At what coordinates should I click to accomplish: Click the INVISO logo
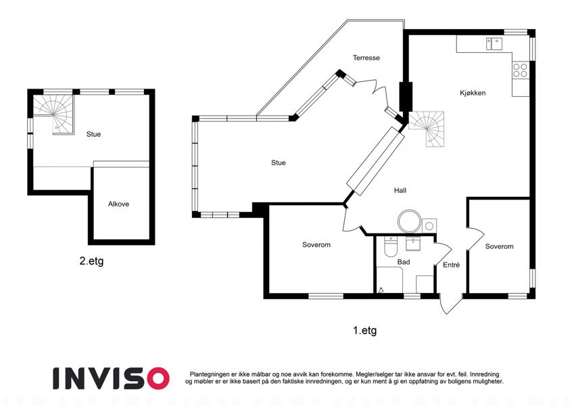112,378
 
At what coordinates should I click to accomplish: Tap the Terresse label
366,58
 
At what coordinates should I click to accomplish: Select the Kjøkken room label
473,93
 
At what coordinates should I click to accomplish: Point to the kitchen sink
494,43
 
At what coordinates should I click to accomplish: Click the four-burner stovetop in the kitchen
520,70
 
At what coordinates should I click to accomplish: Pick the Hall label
400,190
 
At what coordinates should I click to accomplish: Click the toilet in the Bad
391,246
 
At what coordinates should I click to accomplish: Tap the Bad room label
404,262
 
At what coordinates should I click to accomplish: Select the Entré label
451,265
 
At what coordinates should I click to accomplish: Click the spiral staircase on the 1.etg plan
427,129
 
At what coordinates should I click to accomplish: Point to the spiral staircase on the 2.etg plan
54,114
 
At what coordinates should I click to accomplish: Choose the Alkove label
118,204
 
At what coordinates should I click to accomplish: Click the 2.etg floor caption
91,261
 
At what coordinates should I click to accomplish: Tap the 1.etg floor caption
364,330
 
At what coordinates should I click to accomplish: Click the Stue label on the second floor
93,134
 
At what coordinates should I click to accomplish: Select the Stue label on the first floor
279,162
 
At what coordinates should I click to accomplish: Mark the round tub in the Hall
409,221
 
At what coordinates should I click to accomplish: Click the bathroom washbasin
413,244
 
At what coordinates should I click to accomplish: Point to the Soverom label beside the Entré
500,246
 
